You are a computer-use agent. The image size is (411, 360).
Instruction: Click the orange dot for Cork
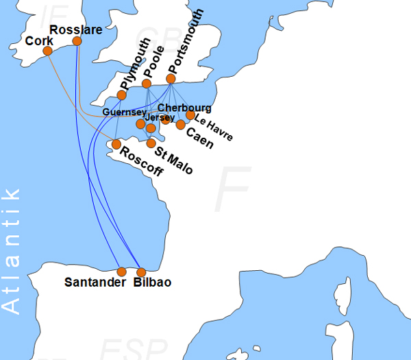tap(48, 51)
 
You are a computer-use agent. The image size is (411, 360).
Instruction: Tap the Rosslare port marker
tap(77, 41)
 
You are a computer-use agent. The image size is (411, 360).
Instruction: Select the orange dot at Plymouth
tap(122, 95)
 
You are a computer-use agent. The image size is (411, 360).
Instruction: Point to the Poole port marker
tap(147, 84)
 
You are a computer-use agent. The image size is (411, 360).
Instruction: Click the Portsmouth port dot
tap(171, 79)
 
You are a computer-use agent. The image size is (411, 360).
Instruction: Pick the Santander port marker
tap(122, 272)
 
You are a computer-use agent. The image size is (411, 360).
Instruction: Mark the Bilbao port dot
tap(142, 272)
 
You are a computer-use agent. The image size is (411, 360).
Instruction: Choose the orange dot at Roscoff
tap(116, 144)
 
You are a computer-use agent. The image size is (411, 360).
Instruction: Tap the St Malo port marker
tap(151, 143)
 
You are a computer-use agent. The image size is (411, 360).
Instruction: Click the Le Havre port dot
tap(190, 115)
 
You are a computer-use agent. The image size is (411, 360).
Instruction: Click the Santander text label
tap(95, 283)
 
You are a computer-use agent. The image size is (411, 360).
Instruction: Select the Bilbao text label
tap(153, 283)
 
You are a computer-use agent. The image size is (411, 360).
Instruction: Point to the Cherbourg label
tap(184, 108)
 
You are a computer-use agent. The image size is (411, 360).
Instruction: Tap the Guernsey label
tap(124, 112)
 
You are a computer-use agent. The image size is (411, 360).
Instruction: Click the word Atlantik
tap(12, 250)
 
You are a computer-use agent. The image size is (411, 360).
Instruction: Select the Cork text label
tap(38, 41)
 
